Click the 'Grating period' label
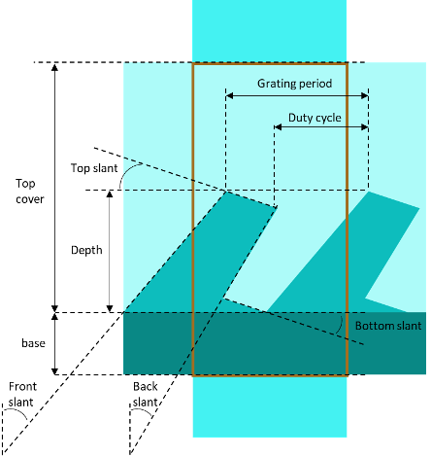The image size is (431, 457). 294,84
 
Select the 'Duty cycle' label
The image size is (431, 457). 315,118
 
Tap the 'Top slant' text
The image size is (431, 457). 94,168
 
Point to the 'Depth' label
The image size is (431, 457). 86,250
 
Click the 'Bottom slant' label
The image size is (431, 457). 388,326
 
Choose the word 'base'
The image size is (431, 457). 33,343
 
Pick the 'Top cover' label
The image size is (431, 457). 30,192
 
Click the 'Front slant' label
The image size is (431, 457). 22,394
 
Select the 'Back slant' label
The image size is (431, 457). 146,394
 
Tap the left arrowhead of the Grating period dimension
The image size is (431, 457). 229,95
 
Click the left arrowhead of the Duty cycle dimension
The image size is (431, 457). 278,127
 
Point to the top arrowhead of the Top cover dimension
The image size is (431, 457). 55,67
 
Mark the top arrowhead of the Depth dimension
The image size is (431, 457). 110,194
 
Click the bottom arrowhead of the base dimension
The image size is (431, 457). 55,371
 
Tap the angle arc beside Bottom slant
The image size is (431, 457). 340,325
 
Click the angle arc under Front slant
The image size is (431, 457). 17,411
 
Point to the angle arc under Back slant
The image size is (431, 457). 143,411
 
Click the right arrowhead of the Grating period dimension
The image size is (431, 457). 365,95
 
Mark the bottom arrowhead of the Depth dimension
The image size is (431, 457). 110,308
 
